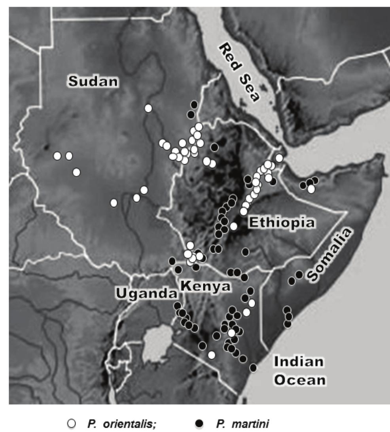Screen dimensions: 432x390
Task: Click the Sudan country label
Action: click(x=93, y=81)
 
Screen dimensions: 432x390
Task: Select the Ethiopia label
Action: click(x=282, y=222)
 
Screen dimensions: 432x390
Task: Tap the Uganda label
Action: click(x=146, y=293)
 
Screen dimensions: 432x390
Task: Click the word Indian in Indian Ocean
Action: click(x=299, y=362)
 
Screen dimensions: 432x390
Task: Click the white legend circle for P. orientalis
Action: click(x=146, y=422)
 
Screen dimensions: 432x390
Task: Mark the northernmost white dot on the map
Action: click(x=148, y=108)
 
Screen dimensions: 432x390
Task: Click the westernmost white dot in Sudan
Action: click(x=57, y=156)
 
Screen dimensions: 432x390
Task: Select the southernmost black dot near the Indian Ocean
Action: click(x=253, y=368)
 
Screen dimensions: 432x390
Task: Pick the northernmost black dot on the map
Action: click(x=194, y=104)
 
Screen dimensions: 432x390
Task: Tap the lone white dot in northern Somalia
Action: click(x=311, y=189)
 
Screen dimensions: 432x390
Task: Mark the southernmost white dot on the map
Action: click(x=212, y=355)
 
